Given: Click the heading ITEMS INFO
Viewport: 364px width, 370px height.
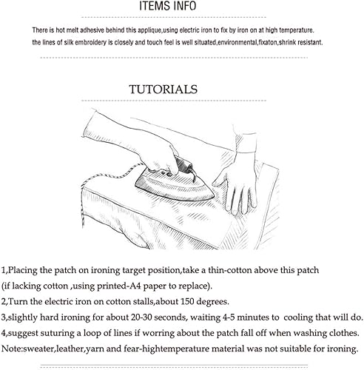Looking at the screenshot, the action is pos(168,6).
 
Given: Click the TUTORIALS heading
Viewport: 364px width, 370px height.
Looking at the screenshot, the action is pos(164,90).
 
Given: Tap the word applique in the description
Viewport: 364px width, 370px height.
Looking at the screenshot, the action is pos(149,30).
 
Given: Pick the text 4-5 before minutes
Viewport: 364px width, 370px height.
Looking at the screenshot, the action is pos(229,317).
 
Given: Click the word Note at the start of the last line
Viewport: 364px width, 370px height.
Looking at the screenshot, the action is pos(10,349).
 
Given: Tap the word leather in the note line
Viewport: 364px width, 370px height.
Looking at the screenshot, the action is pos(70,349).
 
